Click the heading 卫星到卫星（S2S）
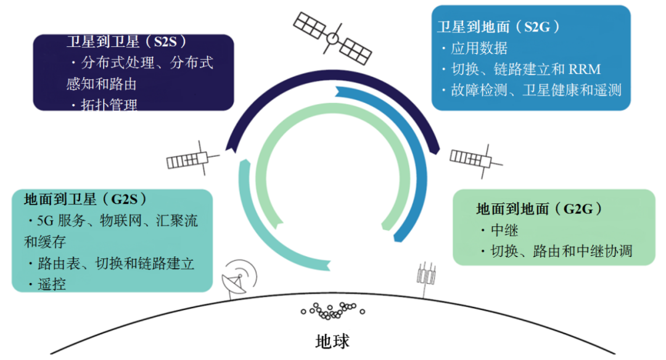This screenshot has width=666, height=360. tap(126, 42)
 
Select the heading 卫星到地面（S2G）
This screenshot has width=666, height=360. tap(498, 26)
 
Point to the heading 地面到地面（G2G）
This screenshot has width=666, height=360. tap(539, 209)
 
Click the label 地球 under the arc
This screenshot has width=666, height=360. tap(333, 341)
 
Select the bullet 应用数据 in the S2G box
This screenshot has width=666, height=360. tap(478, 47)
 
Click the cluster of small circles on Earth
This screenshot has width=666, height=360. tap(333, 309)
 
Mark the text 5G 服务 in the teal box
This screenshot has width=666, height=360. tap(59, 221)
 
